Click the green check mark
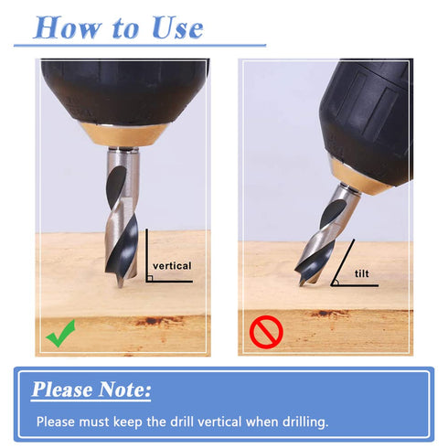[60, 334]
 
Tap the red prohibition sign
[266, 332]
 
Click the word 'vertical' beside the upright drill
[172, 266]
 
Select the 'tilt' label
[362, 273]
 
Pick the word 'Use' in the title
[177, 28]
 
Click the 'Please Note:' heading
[91, 389]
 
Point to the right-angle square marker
[149, 278]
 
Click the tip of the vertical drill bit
[121, 286]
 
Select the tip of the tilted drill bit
[301, 285]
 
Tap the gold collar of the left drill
[124, 135]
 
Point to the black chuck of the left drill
[124, 91]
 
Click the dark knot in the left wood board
[150, 321]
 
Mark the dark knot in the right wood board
[324, 313]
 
